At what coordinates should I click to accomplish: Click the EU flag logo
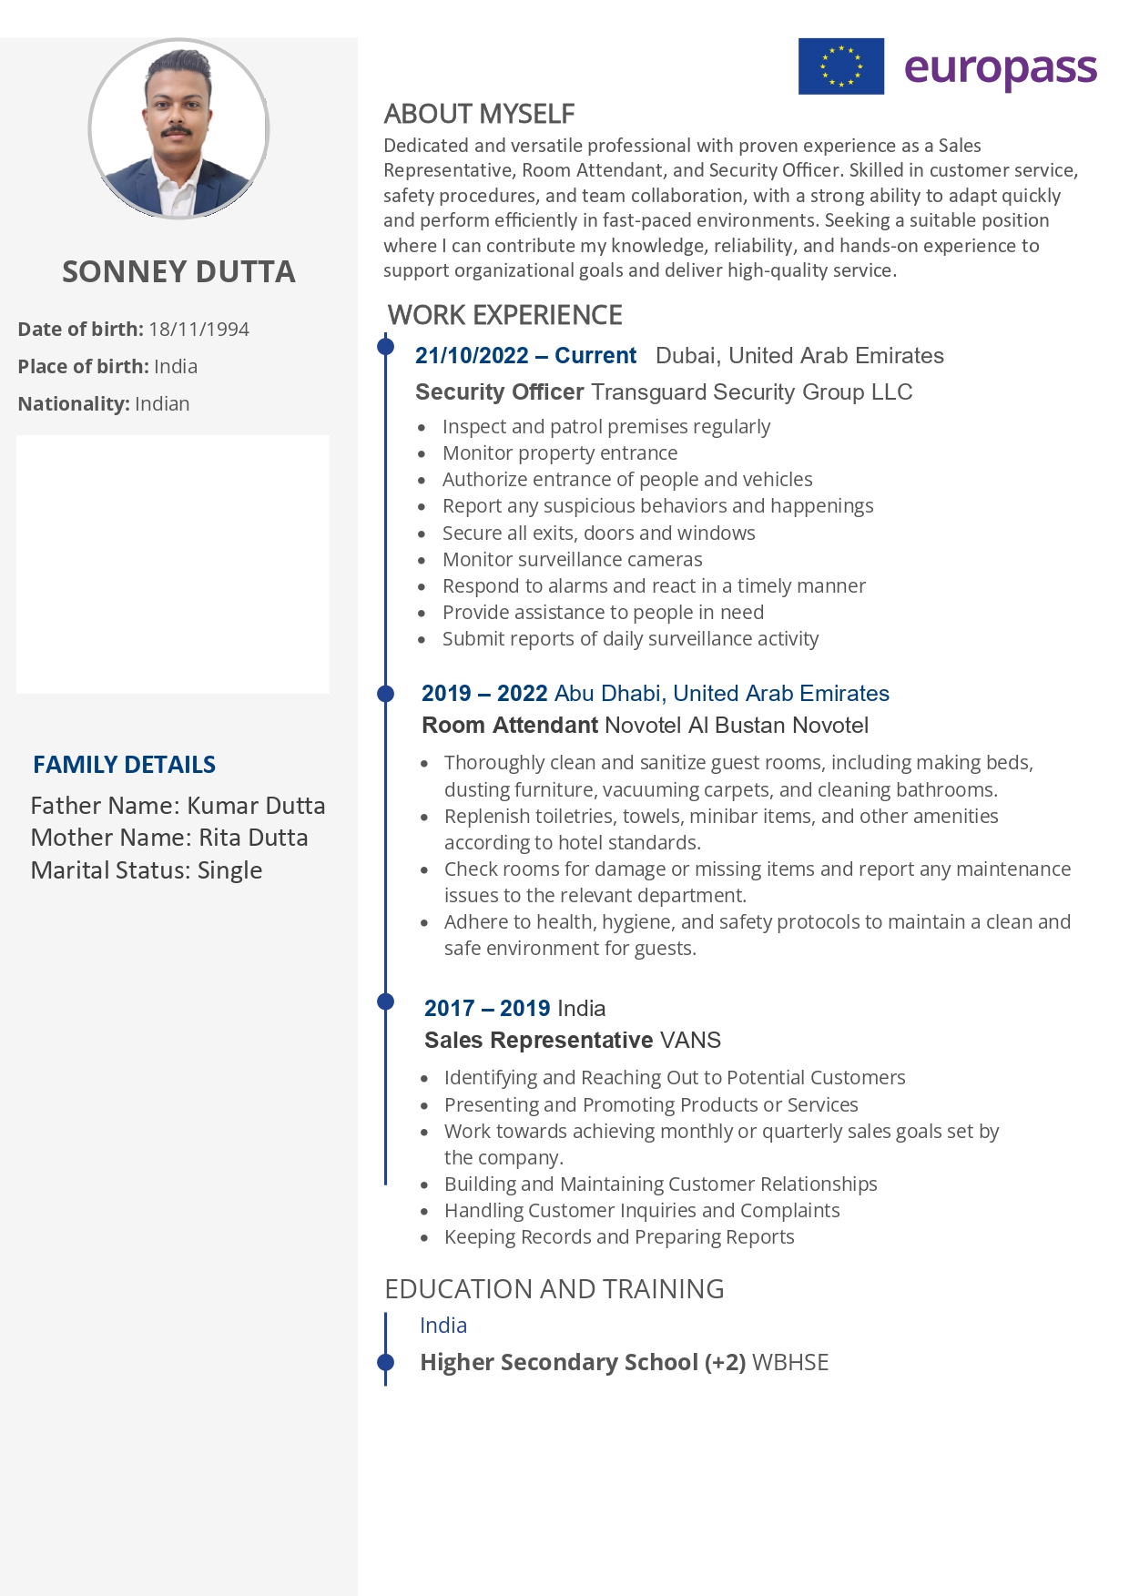(x=840, y=66)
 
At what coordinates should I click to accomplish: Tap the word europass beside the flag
(x=1000, y=69)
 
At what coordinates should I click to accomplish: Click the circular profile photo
(x=178, y=128)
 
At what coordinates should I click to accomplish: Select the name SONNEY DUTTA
(x=178, y=271)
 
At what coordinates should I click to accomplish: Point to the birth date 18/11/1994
(x=198, y=330)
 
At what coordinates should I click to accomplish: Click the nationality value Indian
(x=162, y=404)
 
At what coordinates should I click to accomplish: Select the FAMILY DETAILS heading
(x=124, y=765)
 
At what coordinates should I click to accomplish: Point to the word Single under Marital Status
(x=229, y=870)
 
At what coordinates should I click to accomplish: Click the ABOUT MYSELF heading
(x=479, y=114)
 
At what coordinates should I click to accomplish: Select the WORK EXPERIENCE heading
(x=504, y=315)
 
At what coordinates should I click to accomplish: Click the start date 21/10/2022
(x=472, y=356)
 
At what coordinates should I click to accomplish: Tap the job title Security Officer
(x=499, y=392)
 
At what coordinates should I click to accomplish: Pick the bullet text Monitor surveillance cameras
(x=572, y=560)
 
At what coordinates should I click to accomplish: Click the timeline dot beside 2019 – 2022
(x=386, y=694)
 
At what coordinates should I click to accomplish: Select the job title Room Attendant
(x=509, y=726)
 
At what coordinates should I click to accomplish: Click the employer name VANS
(x=690, y=1041)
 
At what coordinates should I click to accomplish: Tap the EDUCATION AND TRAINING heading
(x=554, y=1289)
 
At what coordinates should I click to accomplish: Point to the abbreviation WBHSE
(x=790, y=1363)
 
